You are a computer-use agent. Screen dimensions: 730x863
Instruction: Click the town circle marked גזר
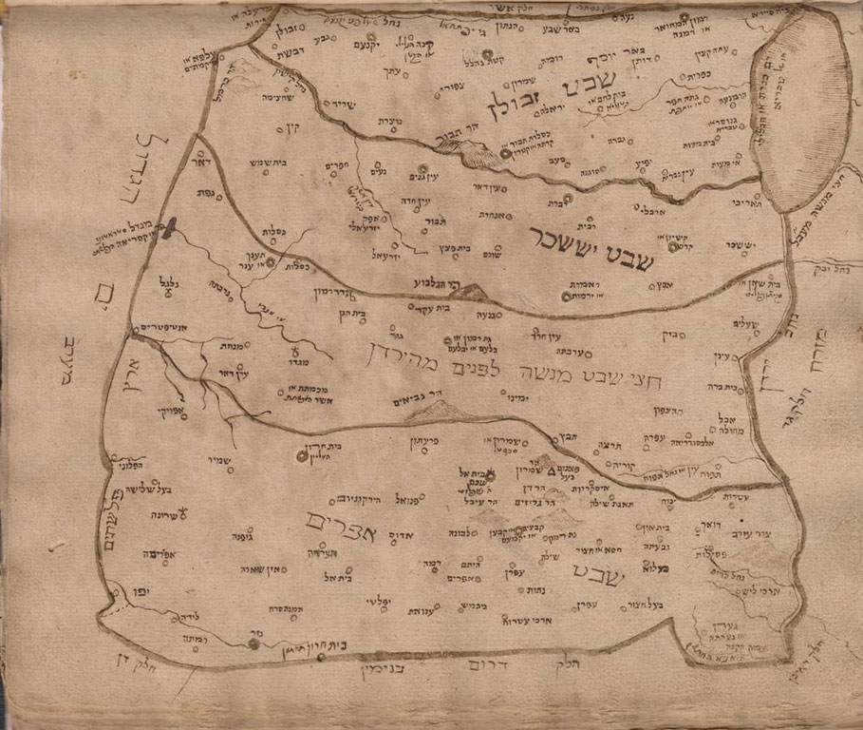[x=254, y=644]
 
